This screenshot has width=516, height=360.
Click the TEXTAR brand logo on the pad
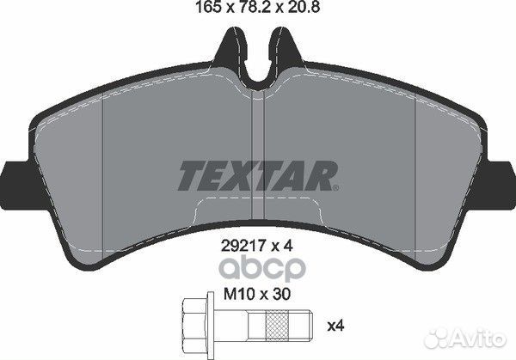pos(255,175)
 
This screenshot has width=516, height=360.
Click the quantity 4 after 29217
pos(292,244)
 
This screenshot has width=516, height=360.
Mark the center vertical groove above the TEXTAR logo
pos(259,120)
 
